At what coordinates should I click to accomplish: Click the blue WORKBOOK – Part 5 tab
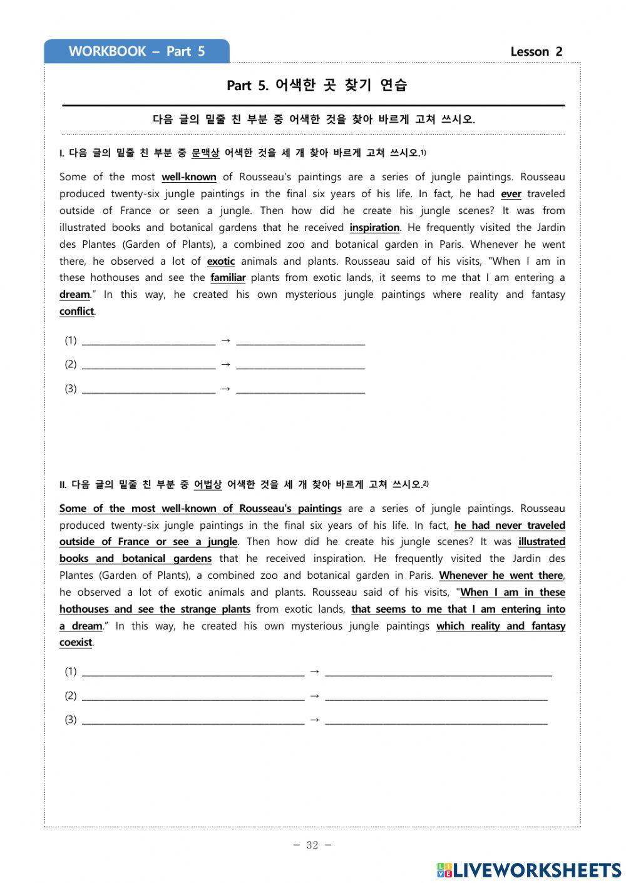136,51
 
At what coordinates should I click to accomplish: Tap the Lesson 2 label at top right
536,52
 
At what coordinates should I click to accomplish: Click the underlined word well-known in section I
188,177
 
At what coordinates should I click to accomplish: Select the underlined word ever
511,194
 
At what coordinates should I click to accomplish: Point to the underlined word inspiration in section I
374,228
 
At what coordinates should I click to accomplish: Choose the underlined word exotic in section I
220,262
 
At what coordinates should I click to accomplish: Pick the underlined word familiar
228,278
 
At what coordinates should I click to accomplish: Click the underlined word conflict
76,312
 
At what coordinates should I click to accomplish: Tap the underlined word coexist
75,643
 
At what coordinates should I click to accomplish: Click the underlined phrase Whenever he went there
501,576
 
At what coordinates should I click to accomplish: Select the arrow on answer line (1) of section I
226,341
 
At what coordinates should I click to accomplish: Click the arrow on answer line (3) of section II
315,720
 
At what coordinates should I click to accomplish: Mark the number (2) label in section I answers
71,364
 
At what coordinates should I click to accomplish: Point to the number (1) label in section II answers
71,671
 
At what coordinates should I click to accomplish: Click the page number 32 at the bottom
312,845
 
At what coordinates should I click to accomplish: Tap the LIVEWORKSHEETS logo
528,869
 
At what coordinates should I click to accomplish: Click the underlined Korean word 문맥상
205,153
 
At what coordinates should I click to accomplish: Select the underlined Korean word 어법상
208,484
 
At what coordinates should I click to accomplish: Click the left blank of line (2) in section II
193,697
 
